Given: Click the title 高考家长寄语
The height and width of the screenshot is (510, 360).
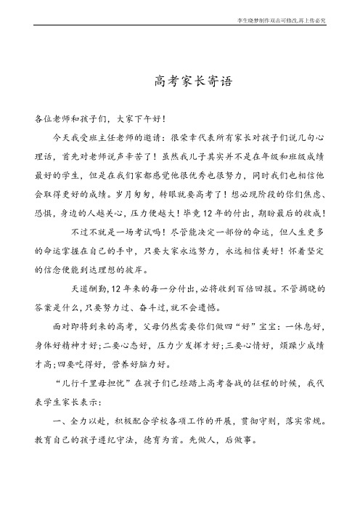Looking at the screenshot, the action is tap(180, 81).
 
